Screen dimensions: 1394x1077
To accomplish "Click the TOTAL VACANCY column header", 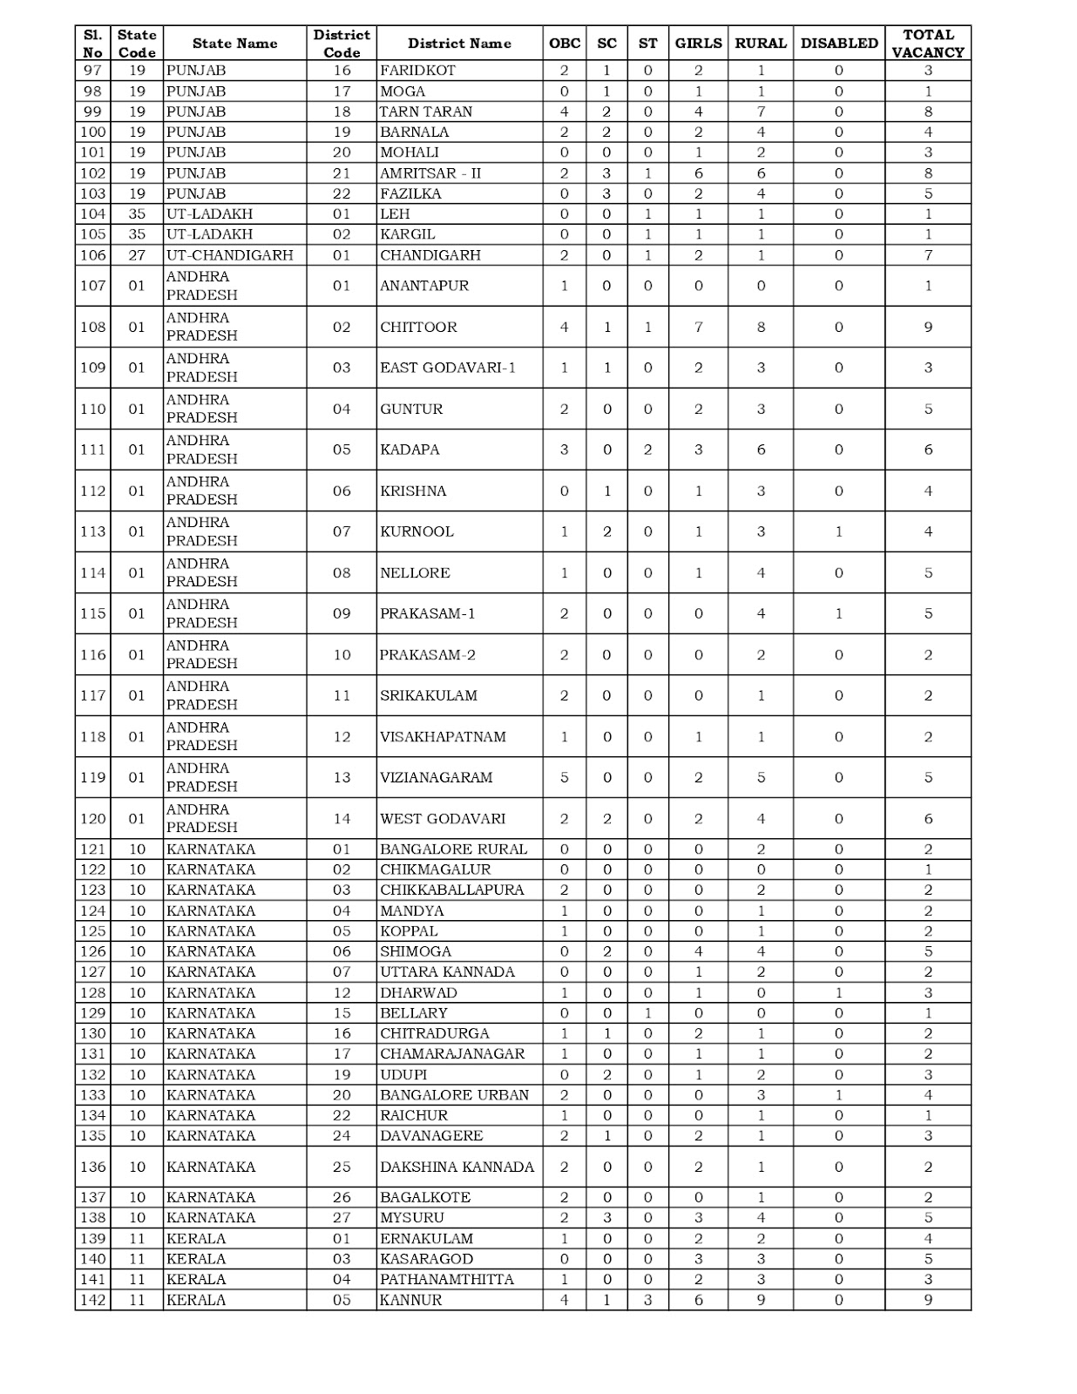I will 927,44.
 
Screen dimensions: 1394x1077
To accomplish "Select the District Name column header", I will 459,44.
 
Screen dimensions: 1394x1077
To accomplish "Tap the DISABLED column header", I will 838,44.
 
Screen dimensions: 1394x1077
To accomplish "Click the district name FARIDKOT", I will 417,71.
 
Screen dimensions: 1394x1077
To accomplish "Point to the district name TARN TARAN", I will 426,112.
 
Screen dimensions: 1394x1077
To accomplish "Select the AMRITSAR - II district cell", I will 430,173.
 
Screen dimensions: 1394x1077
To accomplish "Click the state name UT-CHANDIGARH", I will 230,255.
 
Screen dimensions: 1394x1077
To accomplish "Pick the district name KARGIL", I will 408,234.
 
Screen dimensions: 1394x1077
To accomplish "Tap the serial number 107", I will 92,286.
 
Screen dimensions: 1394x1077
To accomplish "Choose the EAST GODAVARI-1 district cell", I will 448,368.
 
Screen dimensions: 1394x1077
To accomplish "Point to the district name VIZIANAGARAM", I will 436,777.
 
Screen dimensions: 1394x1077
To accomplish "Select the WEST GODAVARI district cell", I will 442,819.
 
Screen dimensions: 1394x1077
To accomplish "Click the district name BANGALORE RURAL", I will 453,849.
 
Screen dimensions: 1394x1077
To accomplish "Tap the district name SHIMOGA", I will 415,951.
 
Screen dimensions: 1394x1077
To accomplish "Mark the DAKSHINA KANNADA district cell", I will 457,1167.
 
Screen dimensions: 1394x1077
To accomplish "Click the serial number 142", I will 92,1300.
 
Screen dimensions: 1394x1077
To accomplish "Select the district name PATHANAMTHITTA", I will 446,1279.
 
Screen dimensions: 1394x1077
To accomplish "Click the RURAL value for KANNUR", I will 761,1300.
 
